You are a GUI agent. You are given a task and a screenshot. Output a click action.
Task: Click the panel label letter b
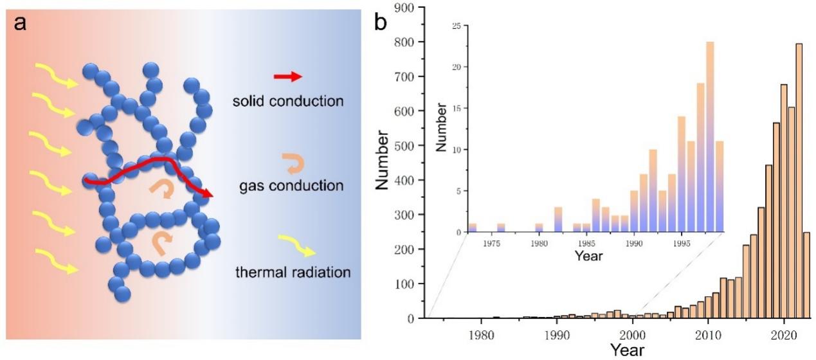click(381, 23)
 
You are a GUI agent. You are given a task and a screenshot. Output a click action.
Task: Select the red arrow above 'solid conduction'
click(287, 77)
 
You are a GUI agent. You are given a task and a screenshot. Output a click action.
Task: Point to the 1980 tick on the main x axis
click(480, 334)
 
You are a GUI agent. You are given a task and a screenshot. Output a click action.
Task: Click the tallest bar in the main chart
click(799, 181)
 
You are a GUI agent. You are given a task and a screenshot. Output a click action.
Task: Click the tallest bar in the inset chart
click(710, 137)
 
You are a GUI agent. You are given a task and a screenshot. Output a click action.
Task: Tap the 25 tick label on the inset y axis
click(456, 26)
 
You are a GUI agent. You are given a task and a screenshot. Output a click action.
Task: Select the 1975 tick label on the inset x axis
click(492, 243)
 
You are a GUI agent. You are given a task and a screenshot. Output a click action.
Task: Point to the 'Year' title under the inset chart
click(588, 256)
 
